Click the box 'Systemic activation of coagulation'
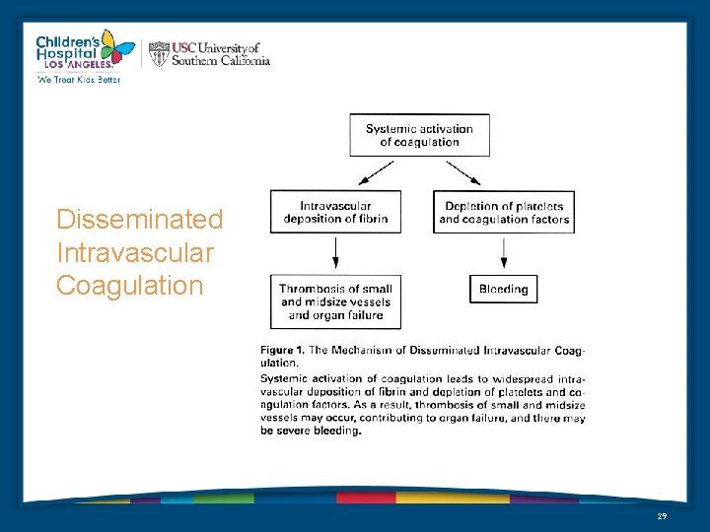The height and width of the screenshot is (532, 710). pos(419,135)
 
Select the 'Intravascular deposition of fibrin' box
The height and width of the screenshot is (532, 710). pos(335,212)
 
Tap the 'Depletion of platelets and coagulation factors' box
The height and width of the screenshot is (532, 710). pos(504,212)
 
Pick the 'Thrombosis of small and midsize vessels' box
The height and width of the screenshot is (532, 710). pos(335,301)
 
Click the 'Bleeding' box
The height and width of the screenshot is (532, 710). pos(504,289)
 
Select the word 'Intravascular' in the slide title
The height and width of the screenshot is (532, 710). pos(134,252)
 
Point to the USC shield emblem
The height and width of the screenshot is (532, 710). pos(159,53)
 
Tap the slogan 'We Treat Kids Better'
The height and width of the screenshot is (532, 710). pos(79,80)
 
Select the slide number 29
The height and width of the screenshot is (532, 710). pos(661,516)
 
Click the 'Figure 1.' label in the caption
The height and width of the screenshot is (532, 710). pos(281,350)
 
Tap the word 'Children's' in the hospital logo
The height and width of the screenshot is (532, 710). pos(64,42)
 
